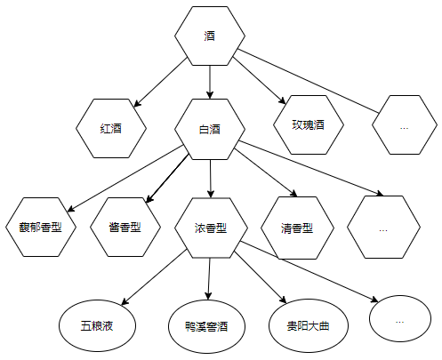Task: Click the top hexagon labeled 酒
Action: click(210, 36)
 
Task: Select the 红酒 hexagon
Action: click(111, 128)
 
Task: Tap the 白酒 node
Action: click(210, 130)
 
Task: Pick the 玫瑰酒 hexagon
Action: click(309, 124)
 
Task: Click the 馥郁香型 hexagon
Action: click(41, 227)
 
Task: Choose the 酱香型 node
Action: click(125, 227)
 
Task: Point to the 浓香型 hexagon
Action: click(211, 228)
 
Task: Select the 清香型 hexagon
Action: click(297, 228)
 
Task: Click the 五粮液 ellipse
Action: click(97, 326)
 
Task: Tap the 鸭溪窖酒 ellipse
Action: click(206, 326)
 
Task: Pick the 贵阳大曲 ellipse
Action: click(309, 326)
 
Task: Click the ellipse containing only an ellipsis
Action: click(400, 318)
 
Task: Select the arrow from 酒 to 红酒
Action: click(160, 82)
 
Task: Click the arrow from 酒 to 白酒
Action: click(210, 82)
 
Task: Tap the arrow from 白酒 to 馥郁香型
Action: click(125, 179)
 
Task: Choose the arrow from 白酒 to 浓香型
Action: click(211, 179)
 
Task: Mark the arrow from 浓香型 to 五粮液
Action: click(155, 277)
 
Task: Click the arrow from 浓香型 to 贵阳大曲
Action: click(261, 277)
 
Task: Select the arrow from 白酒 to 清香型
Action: click(266, 172)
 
